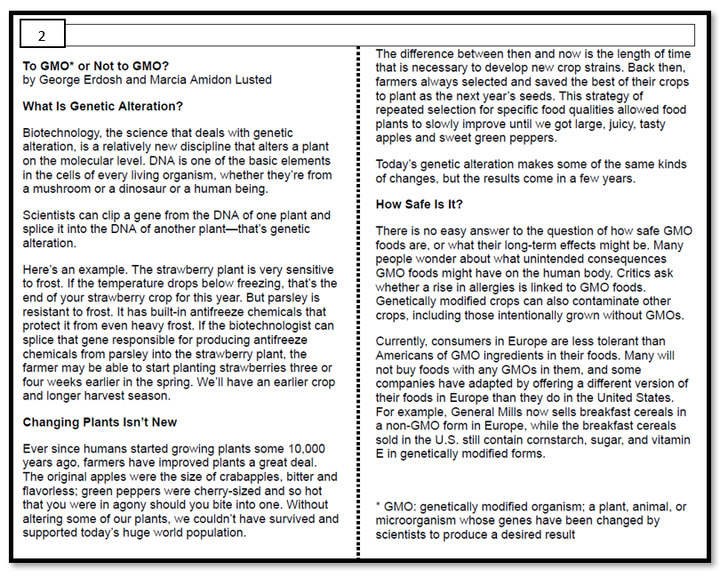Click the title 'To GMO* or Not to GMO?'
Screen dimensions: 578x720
pyautogui.click(x=95, y=66)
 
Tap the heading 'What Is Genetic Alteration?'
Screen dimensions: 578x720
pyautogui.click(x=103, y=106)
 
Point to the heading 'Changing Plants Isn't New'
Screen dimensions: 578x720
pyautogui.click(x=100, y=421)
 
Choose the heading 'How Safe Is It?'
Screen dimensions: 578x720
pyautogui.click(x=419, y=204)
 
